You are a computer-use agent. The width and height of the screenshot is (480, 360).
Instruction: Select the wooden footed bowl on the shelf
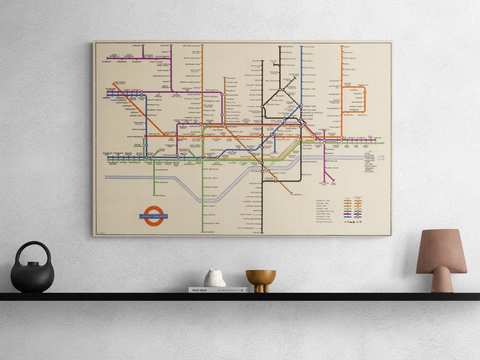click(x=261, y=280)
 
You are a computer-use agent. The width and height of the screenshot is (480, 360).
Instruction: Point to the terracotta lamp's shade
click(x=441, y=251)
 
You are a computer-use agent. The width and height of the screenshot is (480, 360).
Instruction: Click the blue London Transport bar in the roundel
click(x=154, y=216)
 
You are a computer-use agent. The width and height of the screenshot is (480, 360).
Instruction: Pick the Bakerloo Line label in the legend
click(x=323, y=200)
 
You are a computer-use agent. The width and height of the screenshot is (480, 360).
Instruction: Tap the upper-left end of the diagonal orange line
click(x=114, y=84)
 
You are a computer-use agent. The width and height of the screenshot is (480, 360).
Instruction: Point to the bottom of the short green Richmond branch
click(x=154, y=196)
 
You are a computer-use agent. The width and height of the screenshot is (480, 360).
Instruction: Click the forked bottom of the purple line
click(x=329, y=181)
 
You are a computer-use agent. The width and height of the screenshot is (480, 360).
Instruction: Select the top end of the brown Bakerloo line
click(x=202, y=45)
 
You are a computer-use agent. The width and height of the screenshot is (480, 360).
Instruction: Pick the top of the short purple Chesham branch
click(x=143, y=46)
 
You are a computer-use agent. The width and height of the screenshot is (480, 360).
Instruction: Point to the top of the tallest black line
click(x=280, y=46)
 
